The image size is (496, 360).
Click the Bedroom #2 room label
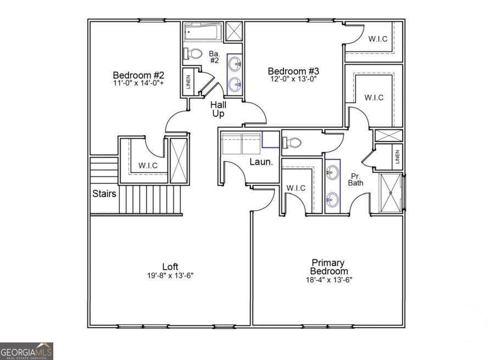(138, 75)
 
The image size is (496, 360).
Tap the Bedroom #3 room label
(293, 71)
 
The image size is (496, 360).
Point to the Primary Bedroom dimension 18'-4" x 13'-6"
(328, 279)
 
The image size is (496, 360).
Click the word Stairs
(104, 193)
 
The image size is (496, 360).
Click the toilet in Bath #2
(193, 54)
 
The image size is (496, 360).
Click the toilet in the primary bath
(292, 143)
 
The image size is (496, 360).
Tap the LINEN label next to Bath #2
(188, 82)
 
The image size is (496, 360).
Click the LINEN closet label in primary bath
(398, 157)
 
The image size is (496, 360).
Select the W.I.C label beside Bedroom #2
(148, 165)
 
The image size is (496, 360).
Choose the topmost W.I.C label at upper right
(377, 39)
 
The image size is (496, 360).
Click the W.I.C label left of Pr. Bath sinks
(296, 188)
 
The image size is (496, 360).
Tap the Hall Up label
(219, 109)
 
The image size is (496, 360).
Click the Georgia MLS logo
(26, 351)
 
